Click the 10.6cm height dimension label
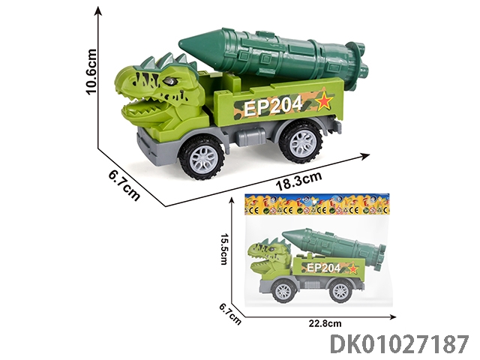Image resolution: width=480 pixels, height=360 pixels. pyautogui.click(x=91, y=71)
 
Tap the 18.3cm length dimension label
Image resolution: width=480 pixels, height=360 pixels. pyautogui.click(x=299, y=181)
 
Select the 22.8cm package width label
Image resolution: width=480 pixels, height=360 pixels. pyautogui.click(x=325, y=323)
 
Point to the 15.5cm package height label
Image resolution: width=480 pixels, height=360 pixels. pyautogui.click(x=223, y=249)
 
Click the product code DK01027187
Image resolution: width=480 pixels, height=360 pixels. pyautogui.click(x=399, y=344)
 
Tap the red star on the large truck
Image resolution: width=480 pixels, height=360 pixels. pyautogui.click(x=325, y=100)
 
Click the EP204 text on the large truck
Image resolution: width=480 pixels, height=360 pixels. pyautogui.click(x=273, y=106)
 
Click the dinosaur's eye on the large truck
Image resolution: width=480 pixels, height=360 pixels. pyautogui.click(x=170, y=82)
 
